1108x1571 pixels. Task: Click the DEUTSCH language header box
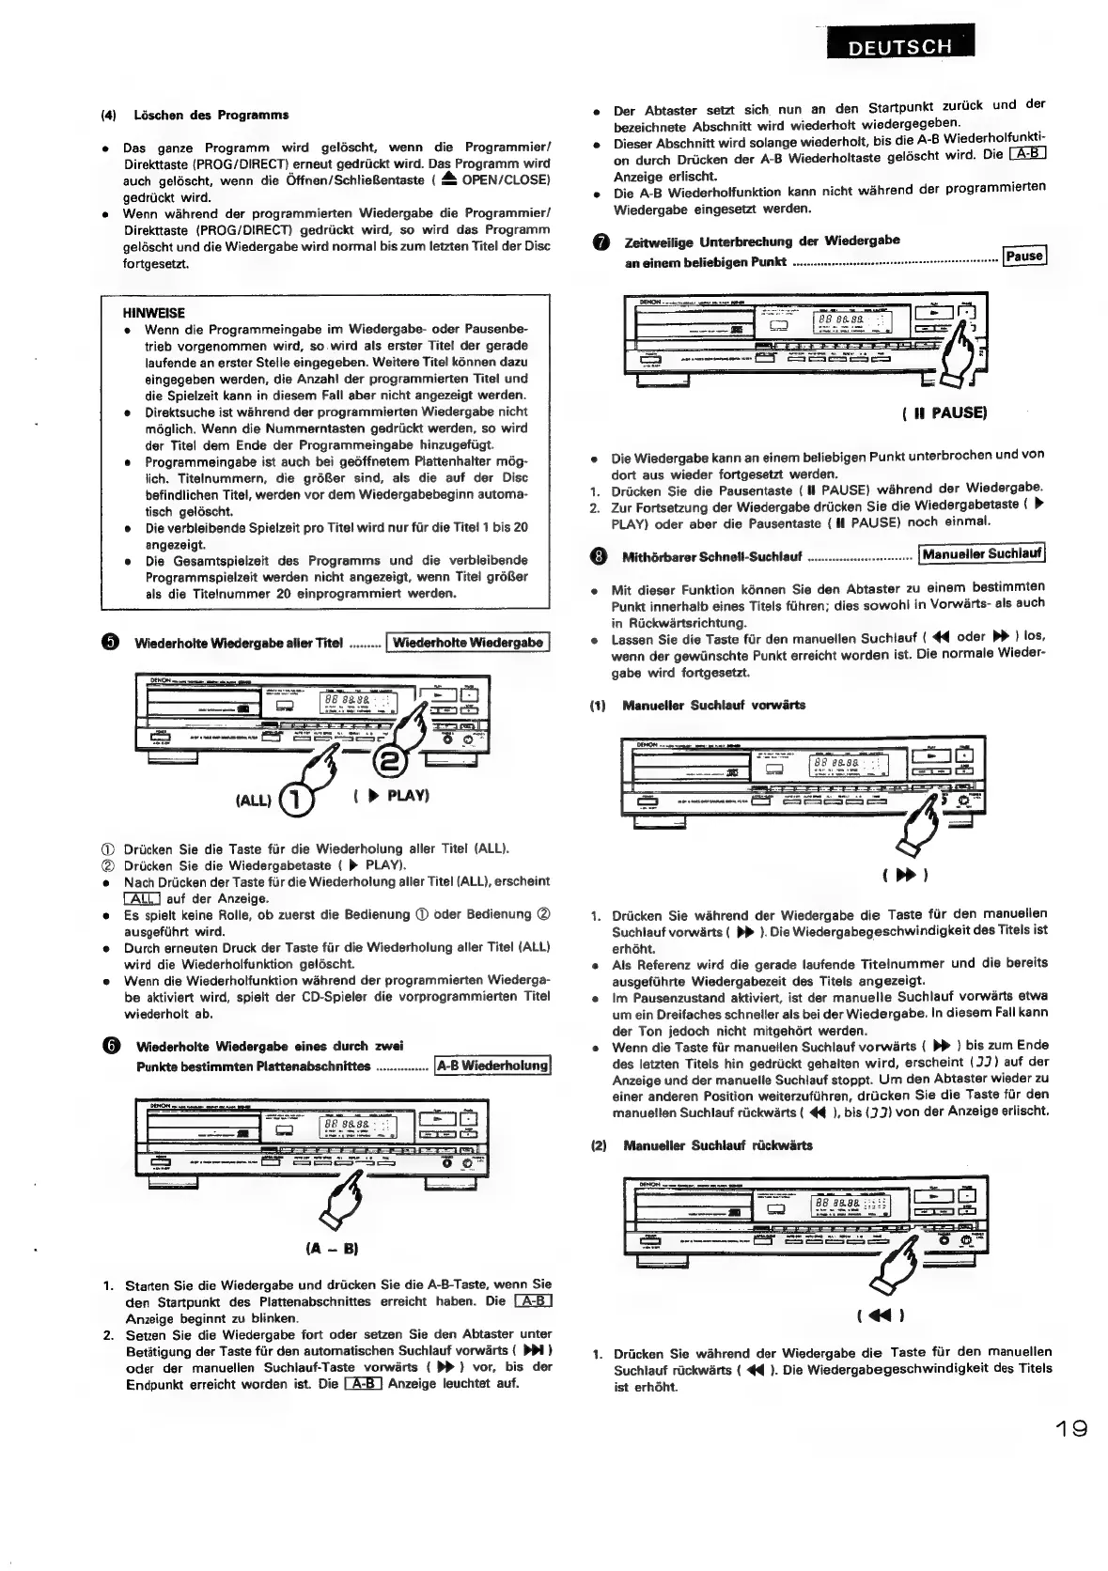(x=900, y=45)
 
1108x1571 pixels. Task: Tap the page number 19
(x=1069, y=1429)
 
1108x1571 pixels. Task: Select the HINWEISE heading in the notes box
(x=154, y=313)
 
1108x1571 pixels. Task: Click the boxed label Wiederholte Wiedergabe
(x=467, y=643)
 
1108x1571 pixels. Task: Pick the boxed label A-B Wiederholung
(x=492, y=1065)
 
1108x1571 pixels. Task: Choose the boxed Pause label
(x=1023, y=257)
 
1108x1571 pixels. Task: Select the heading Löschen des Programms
(x=211, y=115)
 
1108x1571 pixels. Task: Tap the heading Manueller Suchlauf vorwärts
(x=712, y=705)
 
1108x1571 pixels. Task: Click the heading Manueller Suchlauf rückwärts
(x=717, y=1145)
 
